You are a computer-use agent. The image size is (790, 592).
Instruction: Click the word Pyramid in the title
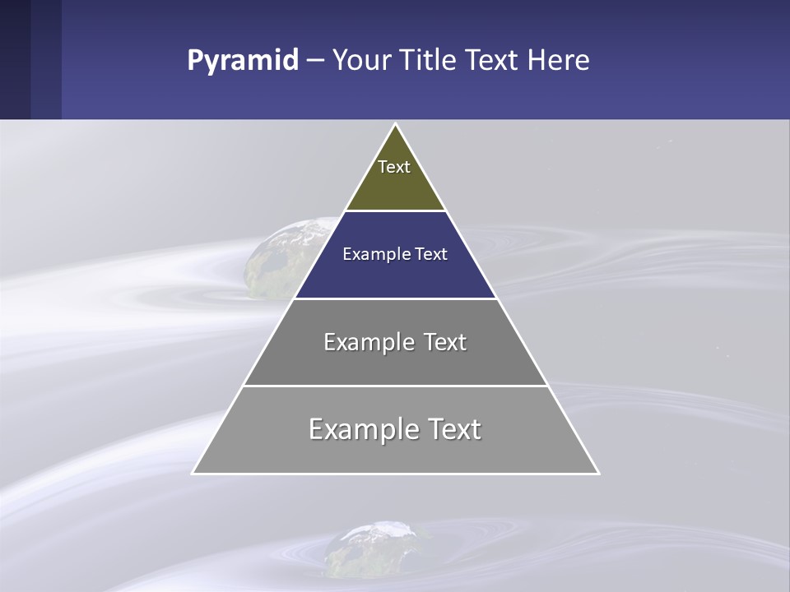click(242, 61)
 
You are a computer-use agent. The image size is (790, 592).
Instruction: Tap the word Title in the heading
click(429, 61)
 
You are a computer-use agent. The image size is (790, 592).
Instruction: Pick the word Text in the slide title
click(492, 61)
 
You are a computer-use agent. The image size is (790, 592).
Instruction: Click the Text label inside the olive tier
click(394, 167)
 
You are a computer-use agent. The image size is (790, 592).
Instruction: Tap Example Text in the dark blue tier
click(395, 254)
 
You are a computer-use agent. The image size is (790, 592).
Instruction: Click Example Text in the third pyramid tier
click(395, 342)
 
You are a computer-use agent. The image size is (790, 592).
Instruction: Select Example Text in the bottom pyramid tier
click(395, 429)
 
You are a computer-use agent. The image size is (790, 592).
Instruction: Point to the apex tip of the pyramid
click(395, 126)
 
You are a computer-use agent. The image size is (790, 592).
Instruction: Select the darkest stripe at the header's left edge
click(15, 59)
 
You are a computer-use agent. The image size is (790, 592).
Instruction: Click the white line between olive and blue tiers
click(395, 211)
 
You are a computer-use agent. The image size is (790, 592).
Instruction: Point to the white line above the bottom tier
click(395, 386)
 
